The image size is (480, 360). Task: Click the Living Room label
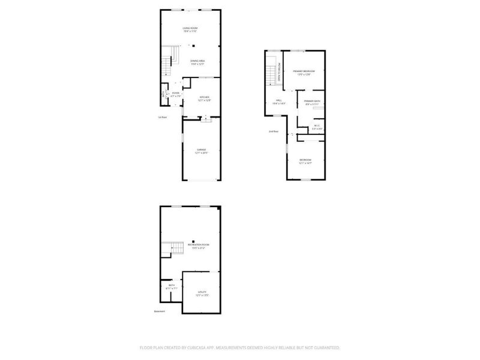pos(190,28)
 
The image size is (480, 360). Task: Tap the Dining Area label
pos(198,61)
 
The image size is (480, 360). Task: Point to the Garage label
pos(200,150)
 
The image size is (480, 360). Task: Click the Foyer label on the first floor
pos(175,94)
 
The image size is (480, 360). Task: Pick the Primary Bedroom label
pos(304,71)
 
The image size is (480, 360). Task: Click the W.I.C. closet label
pos(317,126)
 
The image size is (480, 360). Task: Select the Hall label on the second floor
pos(279,100)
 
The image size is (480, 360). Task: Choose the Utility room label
pos(202,292)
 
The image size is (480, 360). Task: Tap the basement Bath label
pos(171,286)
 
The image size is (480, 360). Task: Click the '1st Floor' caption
pos(161,117)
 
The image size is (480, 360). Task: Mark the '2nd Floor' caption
pos(274,131)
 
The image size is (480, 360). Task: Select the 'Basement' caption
pos(160,311)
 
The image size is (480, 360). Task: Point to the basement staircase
pos(173,248)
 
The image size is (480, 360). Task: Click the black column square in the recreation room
pos(193,241)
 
